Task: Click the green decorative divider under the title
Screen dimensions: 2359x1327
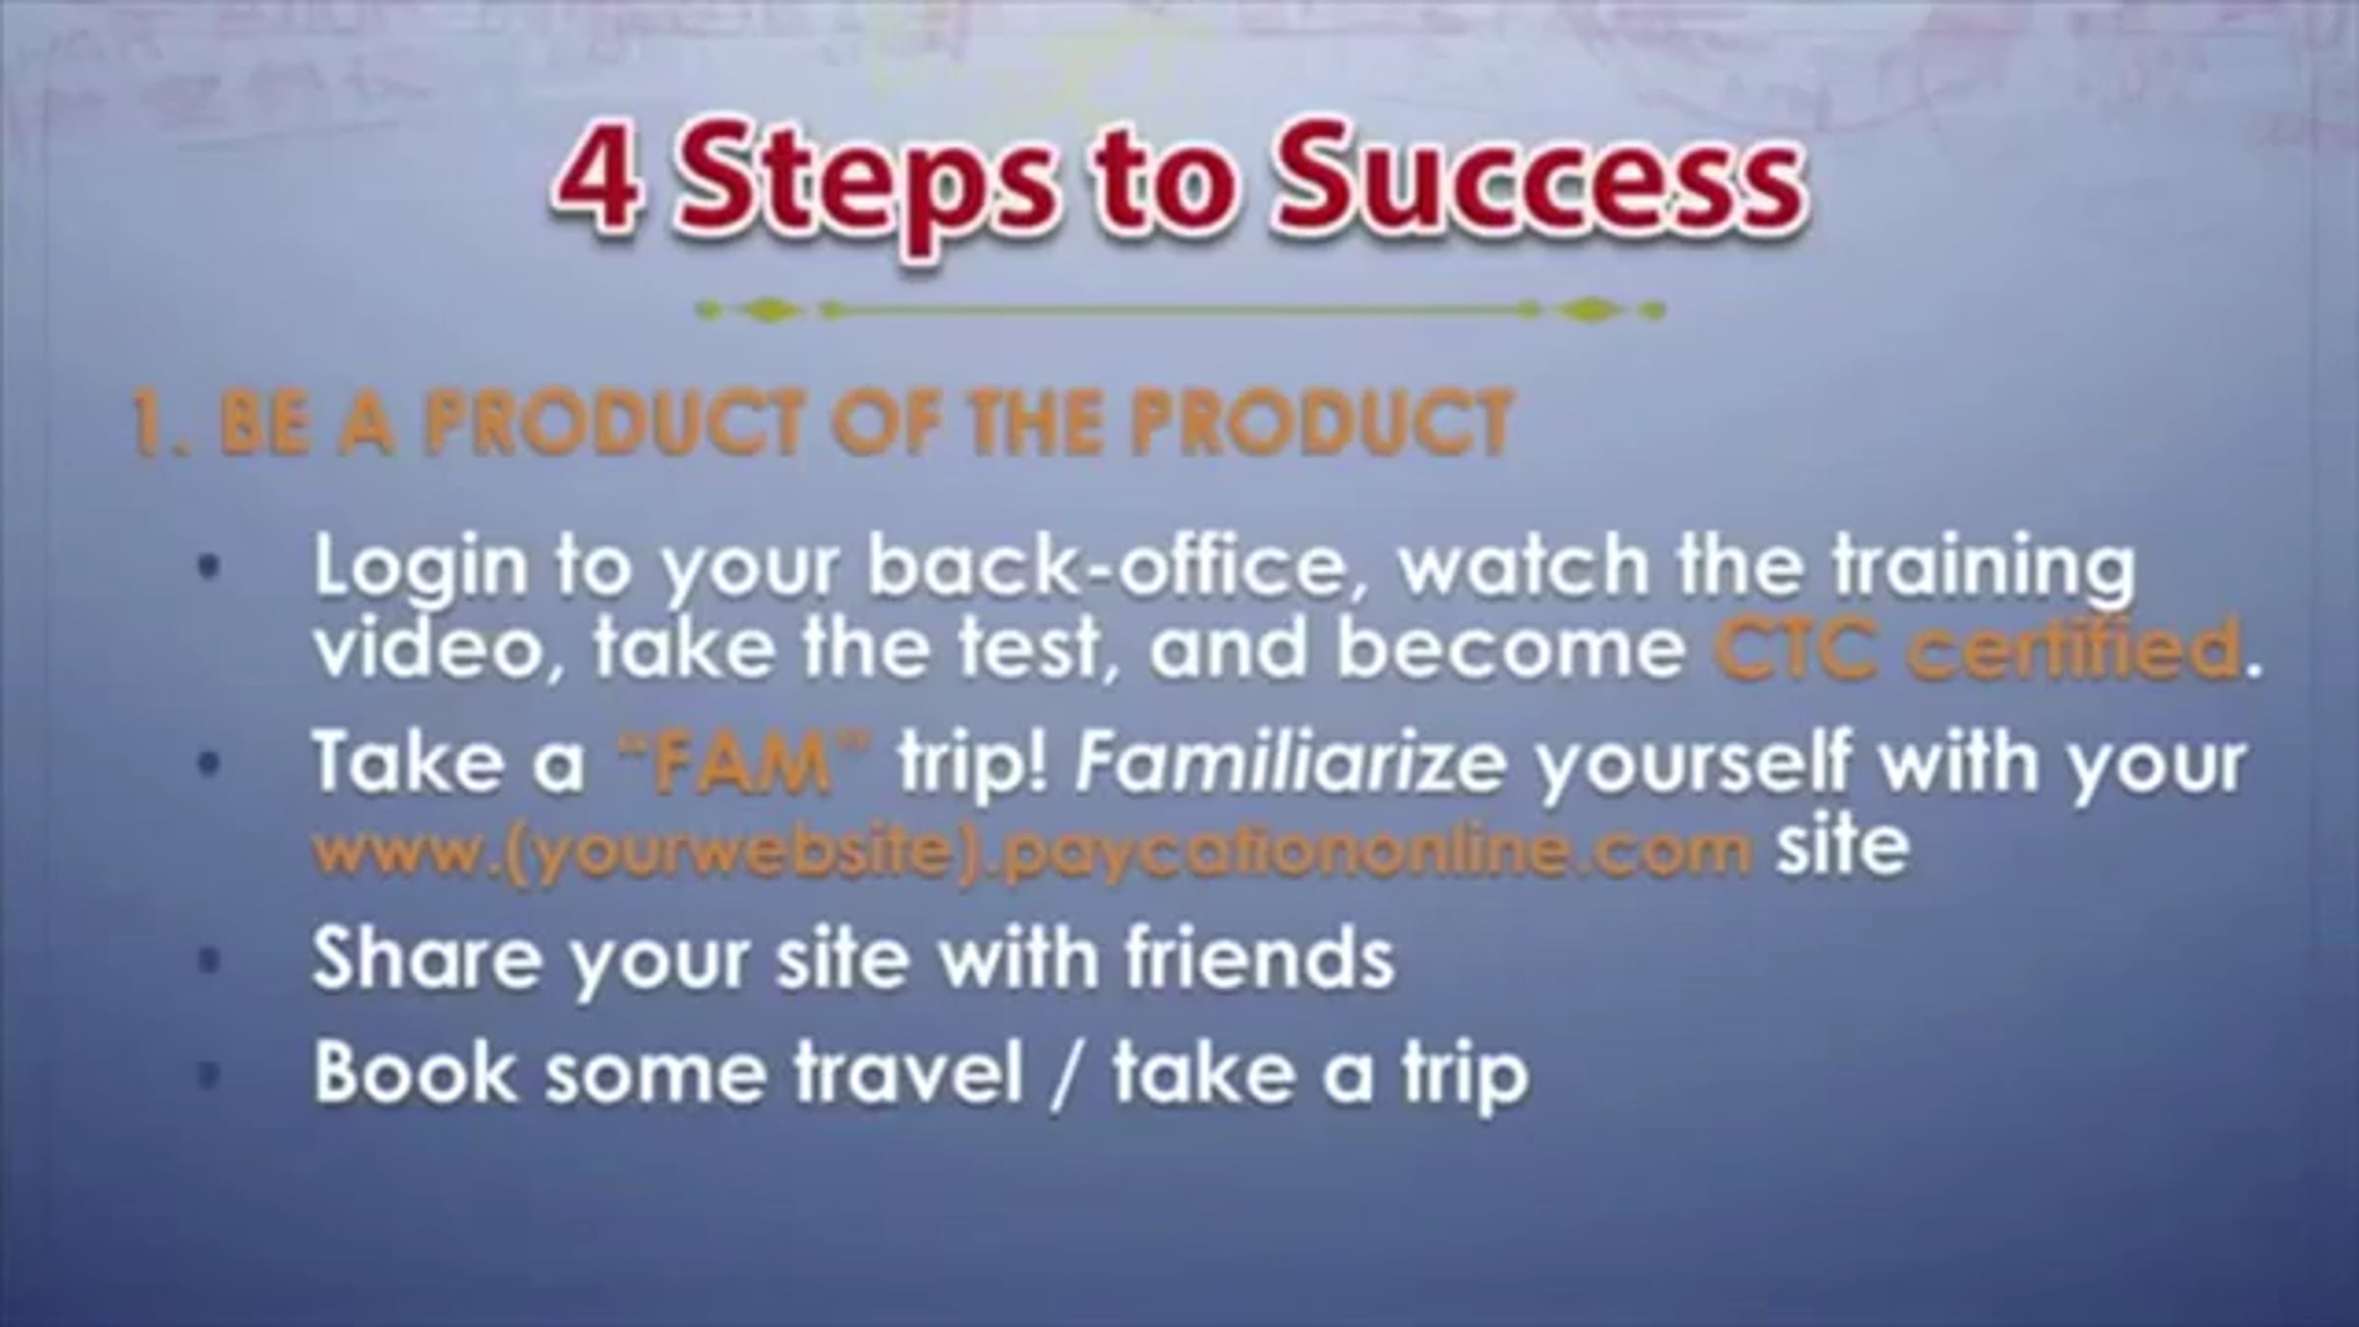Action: point(1179,311)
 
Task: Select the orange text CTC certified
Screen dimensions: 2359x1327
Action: point(1975,649)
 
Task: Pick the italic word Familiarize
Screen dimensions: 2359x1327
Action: point(1290,761)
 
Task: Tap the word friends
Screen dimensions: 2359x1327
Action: point(1260,957)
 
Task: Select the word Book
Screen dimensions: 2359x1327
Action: point(413,1071)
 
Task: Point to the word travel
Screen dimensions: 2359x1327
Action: point(909,1071)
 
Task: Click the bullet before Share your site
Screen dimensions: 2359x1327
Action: point(208,961)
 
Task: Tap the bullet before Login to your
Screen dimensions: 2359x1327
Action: point(208,568)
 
